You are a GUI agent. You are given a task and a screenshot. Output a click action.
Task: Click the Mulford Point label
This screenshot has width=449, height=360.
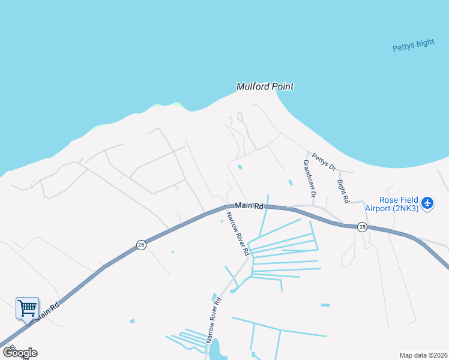265,86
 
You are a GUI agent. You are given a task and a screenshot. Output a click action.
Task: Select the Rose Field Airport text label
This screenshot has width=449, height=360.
399,204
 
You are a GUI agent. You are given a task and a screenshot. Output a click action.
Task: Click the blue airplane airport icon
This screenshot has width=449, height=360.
427,203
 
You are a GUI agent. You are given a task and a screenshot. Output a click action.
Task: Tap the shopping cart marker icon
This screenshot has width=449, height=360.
27,308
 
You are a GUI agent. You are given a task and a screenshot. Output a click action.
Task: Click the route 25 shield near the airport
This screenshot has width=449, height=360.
362,226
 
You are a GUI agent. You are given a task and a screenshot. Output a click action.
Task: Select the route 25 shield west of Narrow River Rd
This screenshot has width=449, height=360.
140,245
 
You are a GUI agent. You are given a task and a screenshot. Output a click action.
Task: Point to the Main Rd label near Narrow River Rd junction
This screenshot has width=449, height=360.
249,206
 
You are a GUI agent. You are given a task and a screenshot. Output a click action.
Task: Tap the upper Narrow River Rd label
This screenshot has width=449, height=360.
238,233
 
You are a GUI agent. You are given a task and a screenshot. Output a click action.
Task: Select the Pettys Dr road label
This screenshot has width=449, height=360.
324,161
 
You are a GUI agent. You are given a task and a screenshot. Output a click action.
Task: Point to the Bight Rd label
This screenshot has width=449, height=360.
343,190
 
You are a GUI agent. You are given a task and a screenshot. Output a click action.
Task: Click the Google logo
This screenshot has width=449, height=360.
20,353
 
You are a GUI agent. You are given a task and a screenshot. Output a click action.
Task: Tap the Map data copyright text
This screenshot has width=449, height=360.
423,355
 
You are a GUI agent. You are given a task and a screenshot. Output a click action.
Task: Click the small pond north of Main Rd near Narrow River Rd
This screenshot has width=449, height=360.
240,167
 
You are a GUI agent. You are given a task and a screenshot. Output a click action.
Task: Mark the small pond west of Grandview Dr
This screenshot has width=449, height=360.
291,182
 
